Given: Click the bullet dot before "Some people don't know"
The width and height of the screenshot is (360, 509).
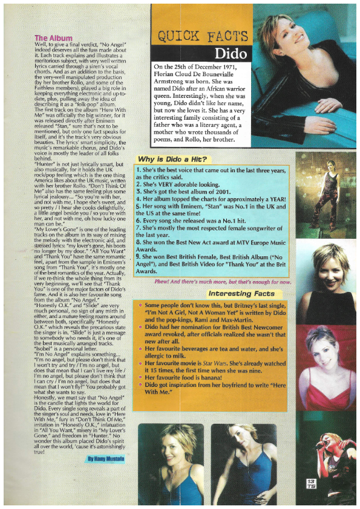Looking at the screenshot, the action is tap(139, 306).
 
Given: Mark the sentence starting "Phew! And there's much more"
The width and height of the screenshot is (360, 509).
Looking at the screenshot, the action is tap(223, 282).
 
